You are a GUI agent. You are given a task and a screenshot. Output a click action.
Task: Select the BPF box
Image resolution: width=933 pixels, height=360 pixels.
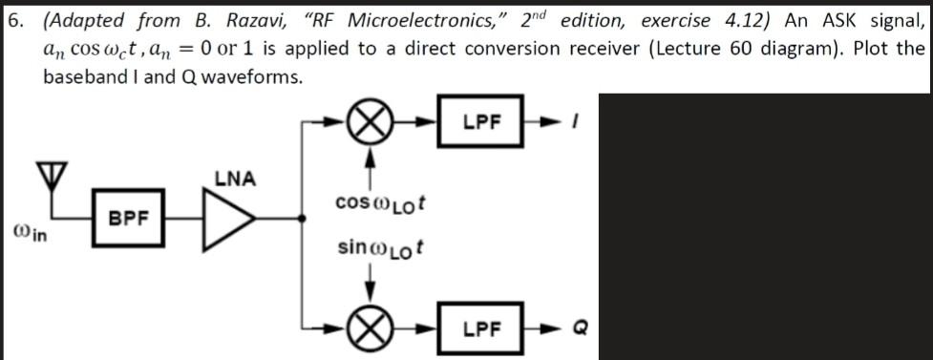pos(129,218)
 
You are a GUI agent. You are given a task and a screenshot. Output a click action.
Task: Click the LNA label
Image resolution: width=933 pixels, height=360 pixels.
pos(234,178)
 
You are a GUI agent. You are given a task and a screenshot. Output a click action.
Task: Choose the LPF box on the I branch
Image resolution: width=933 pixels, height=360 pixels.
pos(482,121)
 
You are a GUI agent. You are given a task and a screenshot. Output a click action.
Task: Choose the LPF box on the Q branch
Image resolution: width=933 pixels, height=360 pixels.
pos(482,328)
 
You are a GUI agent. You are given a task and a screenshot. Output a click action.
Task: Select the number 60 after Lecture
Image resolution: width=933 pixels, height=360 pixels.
pos(728,48)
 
